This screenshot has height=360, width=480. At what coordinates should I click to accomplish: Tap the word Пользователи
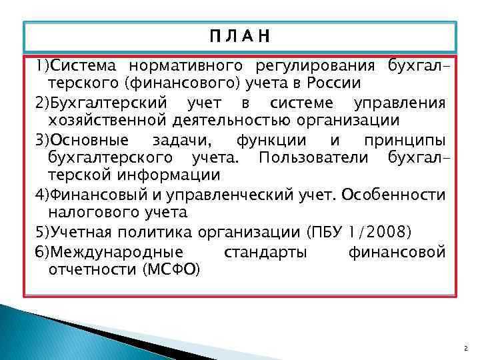coord(313,158)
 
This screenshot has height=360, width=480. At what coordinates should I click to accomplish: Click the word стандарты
coord(266,251)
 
